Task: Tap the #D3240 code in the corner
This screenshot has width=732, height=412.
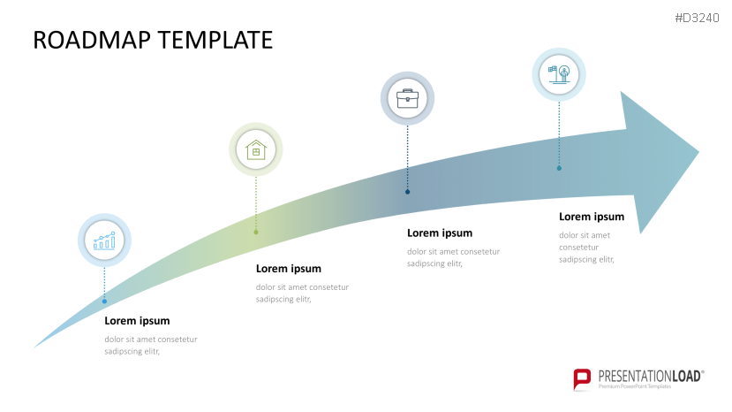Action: point(698,18)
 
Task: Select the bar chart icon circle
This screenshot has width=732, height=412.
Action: point(105,240)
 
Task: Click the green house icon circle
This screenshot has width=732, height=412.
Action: point(256,149)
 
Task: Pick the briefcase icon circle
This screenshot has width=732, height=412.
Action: point(407,97)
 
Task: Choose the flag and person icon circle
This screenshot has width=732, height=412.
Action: point(559,74)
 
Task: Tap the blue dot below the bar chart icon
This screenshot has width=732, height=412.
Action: point(104,301)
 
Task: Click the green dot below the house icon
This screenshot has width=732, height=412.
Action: point(256,232)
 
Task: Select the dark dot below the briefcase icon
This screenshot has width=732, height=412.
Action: point(407,191)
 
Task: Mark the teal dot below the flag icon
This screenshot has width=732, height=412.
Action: point(559,168)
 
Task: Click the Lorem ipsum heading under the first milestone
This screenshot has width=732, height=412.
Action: point(137,321)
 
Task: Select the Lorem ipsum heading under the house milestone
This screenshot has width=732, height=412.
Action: point(288,269)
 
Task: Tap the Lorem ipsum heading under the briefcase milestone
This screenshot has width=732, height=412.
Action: point(440,233)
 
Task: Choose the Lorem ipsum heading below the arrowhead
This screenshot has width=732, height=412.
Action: point(592,217)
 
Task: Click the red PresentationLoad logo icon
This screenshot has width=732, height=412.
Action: point(582,379)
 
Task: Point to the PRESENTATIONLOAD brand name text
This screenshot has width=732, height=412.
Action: point(650,376)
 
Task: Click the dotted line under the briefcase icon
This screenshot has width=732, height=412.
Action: point(407,155)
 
